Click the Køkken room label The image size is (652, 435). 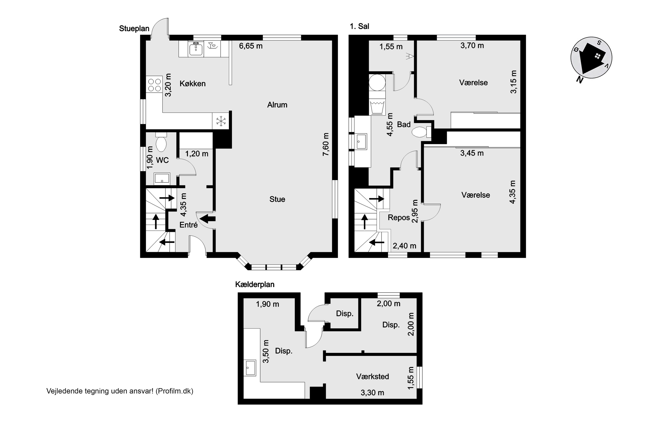pyautogui.click(x=192, y=84)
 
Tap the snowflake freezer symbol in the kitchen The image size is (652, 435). pyautogui.click(x=221, y=121)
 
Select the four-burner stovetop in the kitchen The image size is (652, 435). pyautogui.click(x=154, y=85)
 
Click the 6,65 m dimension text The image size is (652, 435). pyautogui.click(x=251, y=46)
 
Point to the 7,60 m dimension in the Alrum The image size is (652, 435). pyautogui.click(x=326, y=144)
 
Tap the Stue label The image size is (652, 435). pyautogui.click(x=277, y=199)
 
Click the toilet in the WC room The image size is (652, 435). pyautogui.click(x=161, y=142)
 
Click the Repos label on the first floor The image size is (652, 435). pyautogui.click(x=399, y=218)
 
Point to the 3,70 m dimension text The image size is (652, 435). pyautogui.click(x=472, y=45)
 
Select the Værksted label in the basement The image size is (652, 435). pyautogui.click(x=372, y=376)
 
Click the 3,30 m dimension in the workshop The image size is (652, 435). pyautogui.click(x=372, y=393)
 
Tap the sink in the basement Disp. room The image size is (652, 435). pyautogui.click(x=250, y=368)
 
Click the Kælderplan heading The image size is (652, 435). pyautogui.click(x=255, y=284)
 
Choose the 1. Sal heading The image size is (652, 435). pyautogui.click(x=359, y=26)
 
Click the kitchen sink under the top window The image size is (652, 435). pyautogui.click(x=196, y=49)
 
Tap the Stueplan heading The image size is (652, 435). pyautogui.click(x=134, y=28)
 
